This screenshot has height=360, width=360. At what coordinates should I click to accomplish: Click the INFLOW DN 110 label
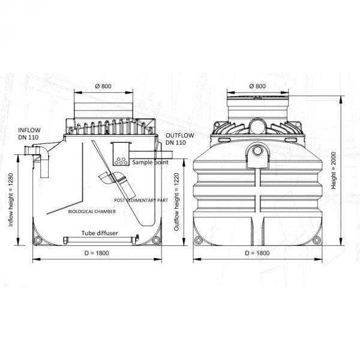pyautogui.click(x=29, y=134)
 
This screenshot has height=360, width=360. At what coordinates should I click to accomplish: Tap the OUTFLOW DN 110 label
pyautogui.click(x=180, y=139)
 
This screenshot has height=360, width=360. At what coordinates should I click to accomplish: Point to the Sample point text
pyautogui.click(x=150, y=163)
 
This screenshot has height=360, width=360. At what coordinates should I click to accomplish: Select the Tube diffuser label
pyautogui.click(x=100, y=233)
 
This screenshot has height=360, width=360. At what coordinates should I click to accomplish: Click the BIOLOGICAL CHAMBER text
pyautogui.click(x=92, y=211)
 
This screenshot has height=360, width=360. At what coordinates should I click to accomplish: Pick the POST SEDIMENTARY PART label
pyautogui.click(x=141, y=200)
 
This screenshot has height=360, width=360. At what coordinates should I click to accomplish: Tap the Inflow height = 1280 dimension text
pyautogui.click(x=11, y=200)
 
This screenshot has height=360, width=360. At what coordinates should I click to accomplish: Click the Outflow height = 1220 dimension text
pyautogui.click(x=176, y=202)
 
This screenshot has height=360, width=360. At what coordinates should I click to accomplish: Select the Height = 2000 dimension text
pyautogui.click(x=334, y=170)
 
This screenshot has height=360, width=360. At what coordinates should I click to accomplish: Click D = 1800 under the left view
pyautogui.click(x=97, y=253)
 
